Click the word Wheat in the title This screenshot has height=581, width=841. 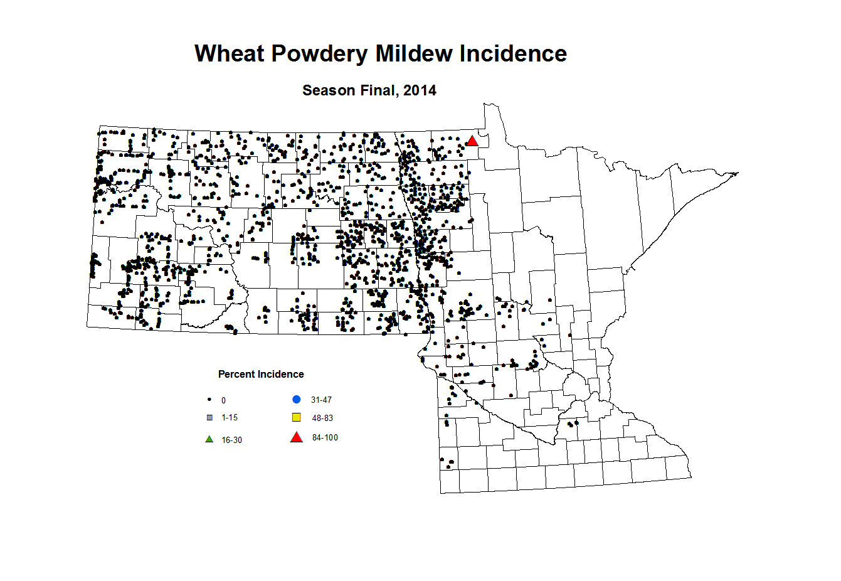click(230, 54)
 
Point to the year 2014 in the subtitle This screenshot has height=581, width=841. click(420, 90)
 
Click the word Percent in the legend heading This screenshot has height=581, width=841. click(236, 375)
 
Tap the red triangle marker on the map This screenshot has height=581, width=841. click(472, 141)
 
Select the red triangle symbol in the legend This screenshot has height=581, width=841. click(297, 437)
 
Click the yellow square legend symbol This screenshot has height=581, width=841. click(297, 418)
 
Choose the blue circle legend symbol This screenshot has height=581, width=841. click(297, 400)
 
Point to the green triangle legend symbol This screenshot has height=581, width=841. click(209, 439)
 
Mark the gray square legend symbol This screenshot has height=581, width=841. click(209, 418)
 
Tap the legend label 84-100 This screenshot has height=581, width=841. click(325, 438)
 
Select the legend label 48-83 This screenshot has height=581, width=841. click(322, 418)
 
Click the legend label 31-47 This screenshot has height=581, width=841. click(321, 400)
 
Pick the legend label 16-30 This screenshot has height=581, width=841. click(231, 440)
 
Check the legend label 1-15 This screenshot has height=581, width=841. click(230, 418)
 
